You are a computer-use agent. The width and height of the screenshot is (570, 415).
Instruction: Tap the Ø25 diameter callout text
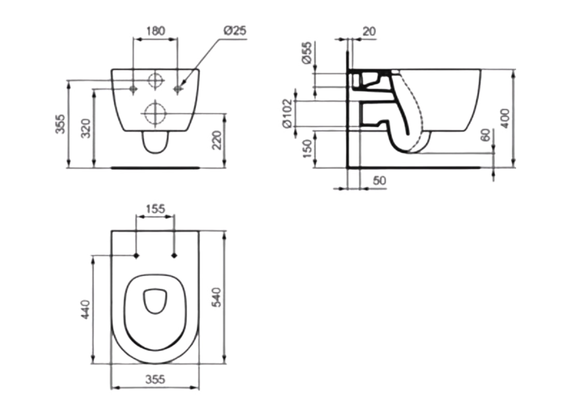[x=235, y=31]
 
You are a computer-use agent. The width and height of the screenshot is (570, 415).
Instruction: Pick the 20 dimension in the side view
[x=369, y=31]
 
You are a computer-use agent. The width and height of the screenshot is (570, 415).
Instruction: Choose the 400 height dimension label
[x=506, y=118]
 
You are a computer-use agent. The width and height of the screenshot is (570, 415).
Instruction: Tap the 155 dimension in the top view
[x=155, y=209]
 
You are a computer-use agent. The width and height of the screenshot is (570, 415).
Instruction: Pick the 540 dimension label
[x=217, y=297]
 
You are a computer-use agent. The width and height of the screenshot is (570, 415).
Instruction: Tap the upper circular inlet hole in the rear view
[x=155, y=80]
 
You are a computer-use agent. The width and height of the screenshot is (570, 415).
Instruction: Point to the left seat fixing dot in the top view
[x=136, y=255]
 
